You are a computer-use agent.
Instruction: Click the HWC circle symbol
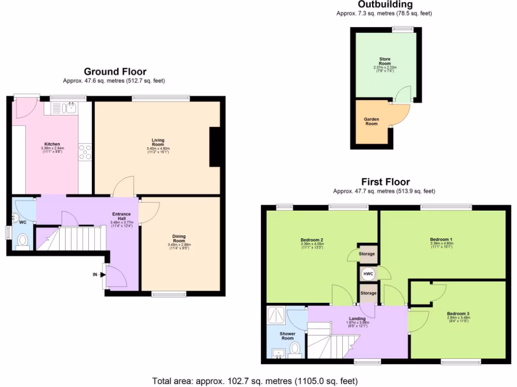[368, 274]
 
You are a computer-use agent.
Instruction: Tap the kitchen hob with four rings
[85, 152]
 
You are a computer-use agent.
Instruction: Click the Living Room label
[158, 141]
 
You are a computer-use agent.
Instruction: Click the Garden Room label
[372, 121]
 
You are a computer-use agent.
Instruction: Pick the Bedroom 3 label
[458, 314]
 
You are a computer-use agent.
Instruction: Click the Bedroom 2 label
[312, 239]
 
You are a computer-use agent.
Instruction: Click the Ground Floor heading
[115, 72]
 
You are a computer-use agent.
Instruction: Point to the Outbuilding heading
[385, 5]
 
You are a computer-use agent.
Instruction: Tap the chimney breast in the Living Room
[215, 147]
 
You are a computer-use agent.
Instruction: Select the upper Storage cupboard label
[367, 254]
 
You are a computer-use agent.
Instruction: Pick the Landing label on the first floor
[357, 318]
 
